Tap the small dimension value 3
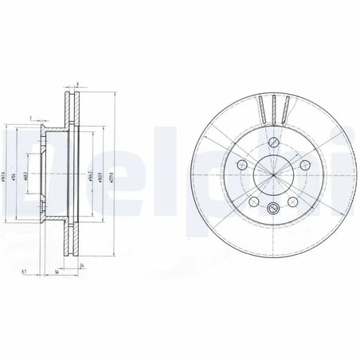(x=29, y=117)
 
